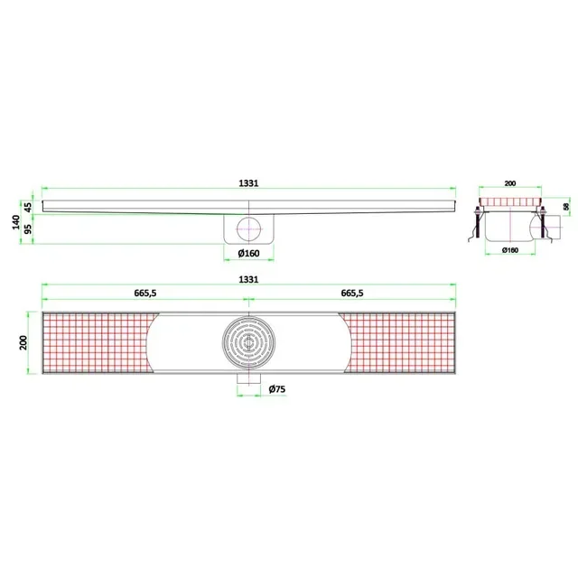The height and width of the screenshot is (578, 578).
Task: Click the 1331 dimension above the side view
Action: click(249, 182)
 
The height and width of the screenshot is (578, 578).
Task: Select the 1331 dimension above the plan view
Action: click(249, 280)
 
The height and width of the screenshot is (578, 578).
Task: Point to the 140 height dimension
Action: click(16, 222)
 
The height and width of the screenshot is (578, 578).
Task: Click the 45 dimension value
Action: click(28, 207)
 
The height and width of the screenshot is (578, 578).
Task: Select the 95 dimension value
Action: click(28, 229)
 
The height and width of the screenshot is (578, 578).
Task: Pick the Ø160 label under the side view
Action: click(248, 253)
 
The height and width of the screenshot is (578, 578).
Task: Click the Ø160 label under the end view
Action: click(509, 250)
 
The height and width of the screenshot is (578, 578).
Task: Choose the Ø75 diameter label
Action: click(277, 388)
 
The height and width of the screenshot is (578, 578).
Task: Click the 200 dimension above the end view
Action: click(510, 183)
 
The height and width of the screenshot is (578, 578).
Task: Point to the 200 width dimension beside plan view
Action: click(24, 342)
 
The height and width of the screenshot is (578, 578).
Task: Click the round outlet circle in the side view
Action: click(248, 226)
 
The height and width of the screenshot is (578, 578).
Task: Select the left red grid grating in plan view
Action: click(95, 342)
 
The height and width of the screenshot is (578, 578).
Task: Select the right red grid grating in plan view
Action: click(402, 342)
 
